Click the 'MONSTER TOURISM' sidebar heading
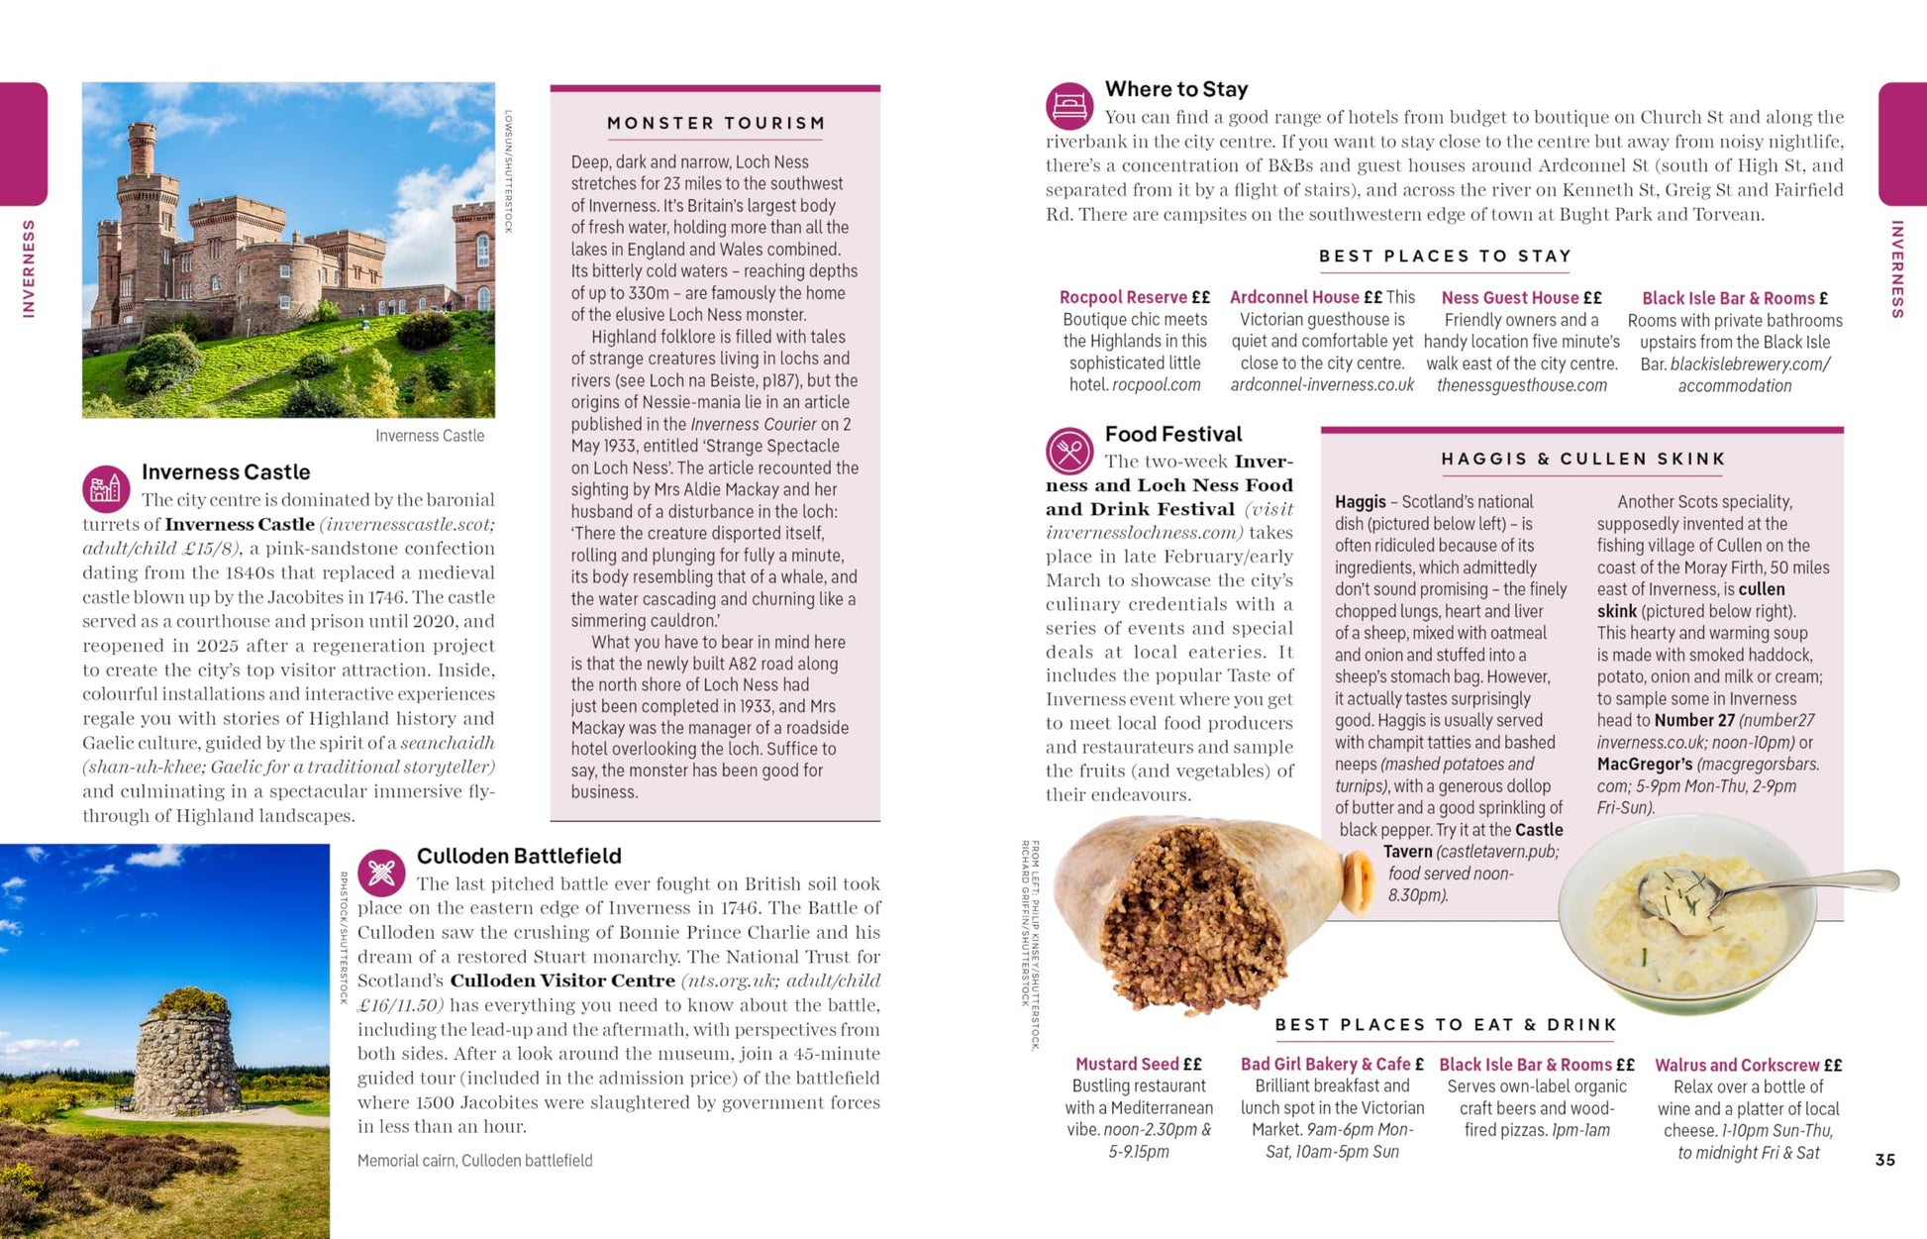point(715,124)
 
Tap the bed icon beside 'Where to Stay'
point(1069,106)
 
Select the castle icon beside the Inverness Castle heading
point(106,488)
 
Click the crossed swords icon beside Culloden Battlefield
point(381,873)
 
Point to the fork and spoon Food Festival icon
point(1069,452)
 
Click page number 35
point(1884,1160)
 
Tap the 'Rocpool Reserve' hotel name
point(1123,297)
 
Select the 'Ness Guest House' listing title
point(1509,297)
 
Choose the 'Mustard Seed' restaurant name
point(1127,1064)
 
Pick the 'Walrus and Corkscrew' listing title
point(1737,1065)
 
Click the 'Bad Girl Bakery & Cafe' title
point(1325,1064)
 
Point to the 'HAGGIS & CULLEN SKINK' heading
point(1582,460)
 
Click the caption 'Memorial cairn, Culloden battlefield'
point(474,1161)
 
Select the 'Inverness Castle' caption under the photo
point(430,436)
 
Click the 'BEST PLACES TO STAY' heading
point(1445,257)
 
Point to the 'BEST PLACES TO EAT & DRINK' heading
point(1445,1025)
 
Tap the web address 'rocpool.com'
point(1156,385)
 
